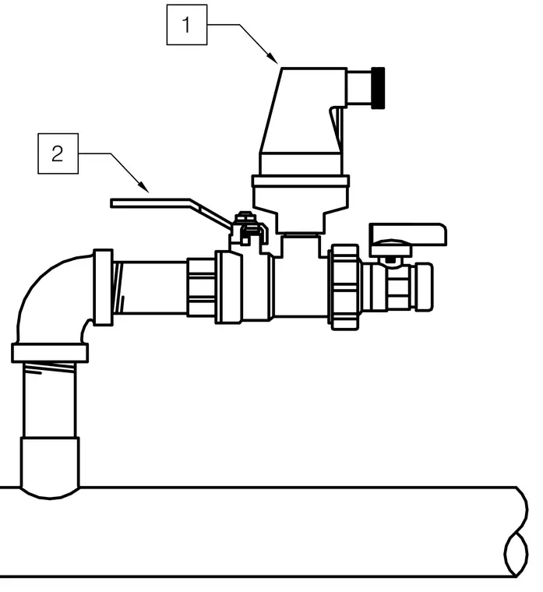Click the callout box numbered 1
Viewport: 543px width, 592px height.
[186, 25]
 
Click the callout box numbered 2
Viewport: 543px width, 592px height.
[58, 153]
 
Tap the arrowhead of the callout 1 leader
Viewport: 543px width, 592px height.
[273, 58]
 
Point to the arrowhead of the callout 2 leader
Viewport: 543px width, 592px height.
[144, 187]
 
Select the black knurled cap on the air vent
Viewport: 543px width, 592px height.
[378, 88]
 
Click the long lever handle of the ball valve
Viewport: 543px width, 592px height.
[170, 210]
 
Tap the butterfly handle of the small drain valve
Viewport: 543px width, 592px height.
[407, 234]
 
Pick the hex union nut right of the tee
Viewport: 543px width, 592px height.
[344, 287]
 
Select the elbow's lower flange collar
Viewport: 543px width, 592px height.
[50, 353]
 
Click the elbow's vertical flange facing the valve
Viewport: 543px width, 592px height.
[103, 287]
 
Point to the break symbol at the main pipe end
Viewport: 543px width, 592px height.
[517, 532]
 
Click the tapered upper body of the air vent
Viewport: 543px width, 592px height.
[302, 111]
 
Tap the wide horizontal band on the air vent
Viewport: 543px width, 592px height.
[301, 181]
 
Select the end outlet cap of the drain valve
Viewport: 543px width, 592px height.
[424, 287]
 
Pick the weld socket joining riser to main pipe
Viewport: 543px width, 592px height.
[50, 467]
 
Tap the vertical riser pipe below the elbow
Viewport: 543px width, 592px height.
[49, 400]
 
